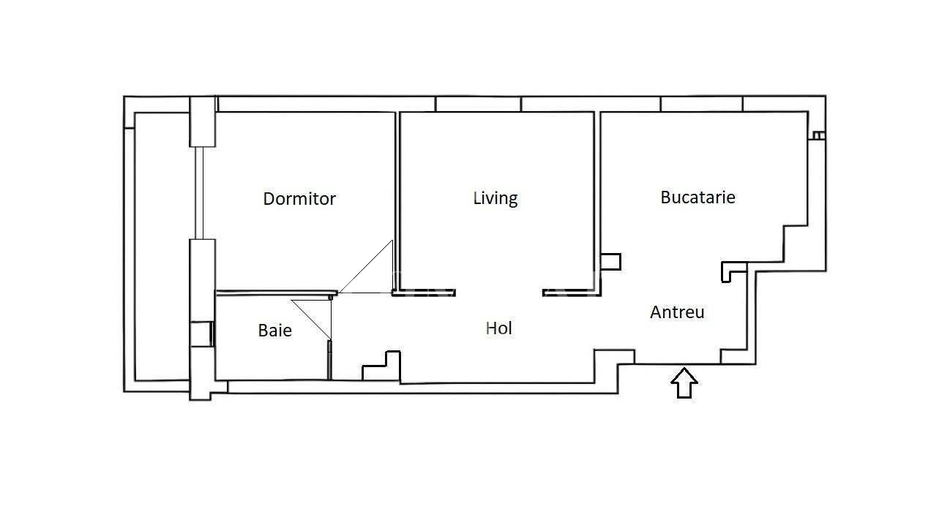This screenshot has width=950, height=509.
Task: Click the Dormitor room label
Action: pos(299,198)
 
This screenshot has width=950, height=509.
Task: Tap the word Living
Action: pos(495,197)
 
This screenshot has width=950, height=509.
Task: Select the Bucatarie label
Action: pos(697,197)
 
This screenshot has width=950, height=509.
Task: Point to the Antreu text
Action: pos(677,312)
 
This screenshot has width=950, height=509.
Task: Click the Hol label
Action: pos(499,328)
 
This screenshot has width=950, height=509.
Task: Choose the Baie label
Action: pos(275,331)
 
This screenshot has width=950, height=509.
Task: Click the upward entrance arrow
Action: pos(684,382)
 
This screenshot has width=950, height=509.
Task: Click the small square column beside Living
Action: pos(610,262)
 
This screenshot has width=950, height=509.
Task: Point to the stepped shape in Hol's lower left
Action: pos(382,366)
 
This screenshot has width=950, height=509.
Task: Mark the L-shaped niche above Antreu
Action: pos(733,269)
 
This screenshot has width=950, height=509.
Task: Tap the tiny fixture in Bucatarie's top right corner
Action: pos(818,135)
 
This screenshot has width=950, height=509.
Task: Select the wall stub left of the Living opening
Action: pos(424,293)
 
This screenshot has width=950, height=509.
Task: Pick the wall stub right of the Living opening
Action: pos(571,293)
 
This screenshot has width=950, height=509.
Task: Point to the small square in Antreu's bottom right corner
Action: pos(733,356)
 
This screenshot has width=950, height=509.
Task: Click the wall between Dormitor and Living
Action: pos(397,197)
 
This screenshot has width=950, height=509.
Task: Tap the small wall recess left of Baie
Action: pos(201,333)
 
